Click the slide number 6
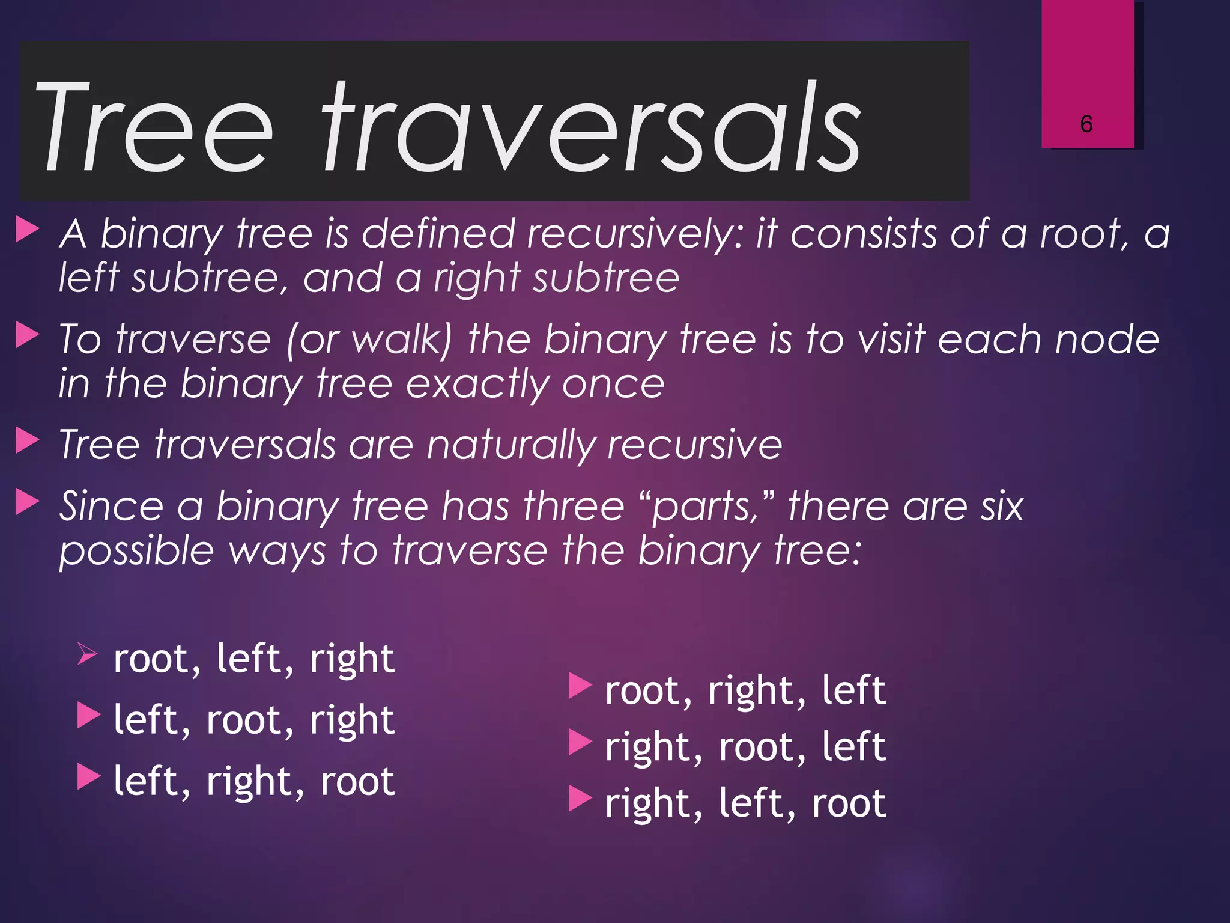[x=1086, y=124]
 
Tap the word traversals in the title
[x=591, y=127]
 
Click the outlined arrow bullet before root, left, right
[x=88, y=653]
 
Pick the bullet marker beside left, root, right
[x=89, y=716]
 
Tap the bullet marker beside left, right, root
[x=89, y=777]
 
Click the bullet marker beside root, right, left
[x=580, y=686]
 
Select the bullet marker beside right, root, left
[x=580, y=742]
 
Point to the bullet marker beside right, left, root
[x=580, y=799]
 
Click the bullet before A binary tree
[x=28, y=230]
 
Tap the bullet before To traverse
[x=28, y=335]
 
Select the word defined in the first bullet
[x=438, y=234]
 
